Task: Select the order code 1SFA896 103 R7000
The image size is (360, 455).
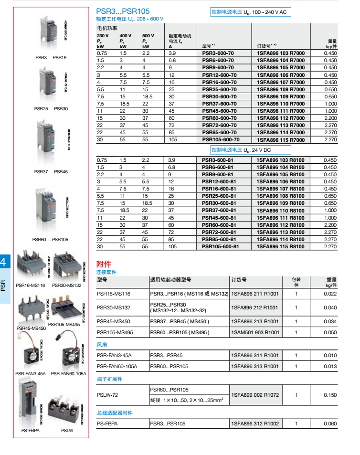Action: coord(280,53)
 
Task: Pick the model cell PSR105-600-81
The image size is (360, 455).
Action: coord(220,247)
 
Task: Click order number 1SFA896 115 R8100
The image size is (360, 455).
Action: coord(280,247)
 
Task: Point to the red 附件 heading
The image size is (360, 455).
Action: coord(104,264)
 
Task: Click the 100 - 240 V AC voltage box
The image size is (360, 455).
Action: coord(250,12)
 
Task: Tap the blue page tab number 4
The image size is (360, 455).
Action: coord(4,262)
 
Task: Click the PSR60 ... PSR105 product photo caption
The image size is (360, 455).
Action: coord(51,240)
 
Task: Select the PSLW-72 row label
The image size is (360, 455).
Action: coord(107,395)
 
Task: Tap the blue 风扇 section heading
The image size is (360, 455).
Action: coord(102,344)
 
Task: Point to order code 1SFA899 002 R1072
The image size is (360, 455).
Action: coord(254,395)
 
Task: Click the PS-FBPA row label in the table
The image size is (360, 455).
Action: coord(107,423)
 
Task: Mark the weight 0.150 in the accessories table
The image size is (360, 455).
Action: coord(330,395)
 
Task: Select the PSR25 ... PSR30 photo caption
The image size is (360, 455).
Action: coord(51,109)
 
